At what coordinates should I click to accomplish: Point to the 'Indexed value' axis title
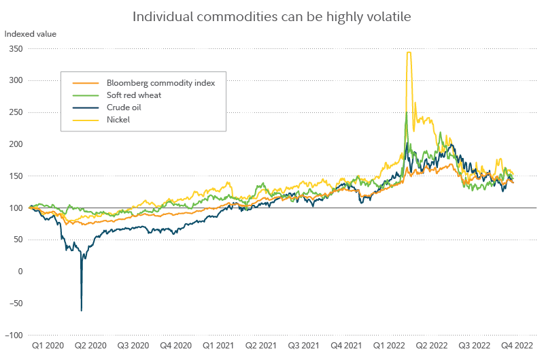[x=31, y=33]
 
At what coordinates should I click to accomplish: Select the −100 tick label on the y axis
[x=14, y=336]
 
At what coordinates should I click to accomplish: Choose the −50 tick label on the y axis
[x=16, y=304]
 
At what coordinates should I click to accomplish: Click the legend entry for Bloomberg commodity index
[x=161, y=83]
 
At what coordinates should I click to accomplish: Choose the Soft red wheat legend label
[x=134, y=95]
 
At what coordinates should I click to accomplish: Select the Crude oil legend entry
[x=124, y=108]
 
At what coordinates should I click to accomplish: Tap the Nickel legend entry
[x=118, y=120]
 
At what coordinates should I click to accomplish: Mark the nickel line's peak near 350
[x=409, y=52]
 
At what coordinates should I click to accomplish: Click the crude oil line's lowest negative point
[x=82, y=311]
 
